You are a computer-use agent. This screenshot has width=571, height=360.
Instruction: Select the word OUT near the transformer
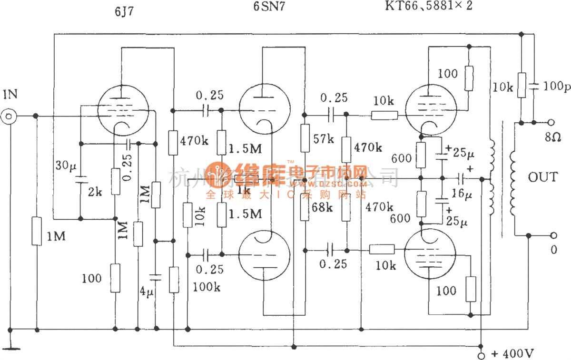pyautogui.click(x=542, y=177)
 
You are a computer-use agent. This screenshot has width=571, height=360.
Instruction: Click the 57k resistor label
pyautogui.click(x=324, y=139)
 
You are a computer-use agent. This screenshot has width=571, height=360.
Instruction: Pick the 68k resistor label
pyautogui.click(x=324, y=208)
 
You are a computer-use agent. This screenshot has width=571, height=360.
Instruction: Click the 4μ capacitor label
pyautogui.click(x=148, y=290)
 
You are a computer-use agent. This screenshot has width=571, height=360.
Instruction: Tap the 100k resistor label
pyautogui.click(x=206, y=287)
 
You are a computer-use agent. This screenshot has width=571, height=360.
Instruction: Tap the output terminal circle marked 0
pyautogui.click(x=553, y=235)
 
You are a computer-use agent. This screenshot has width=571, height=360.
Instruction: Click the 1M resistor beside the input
pyautogui.click(x=37, y=232)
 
